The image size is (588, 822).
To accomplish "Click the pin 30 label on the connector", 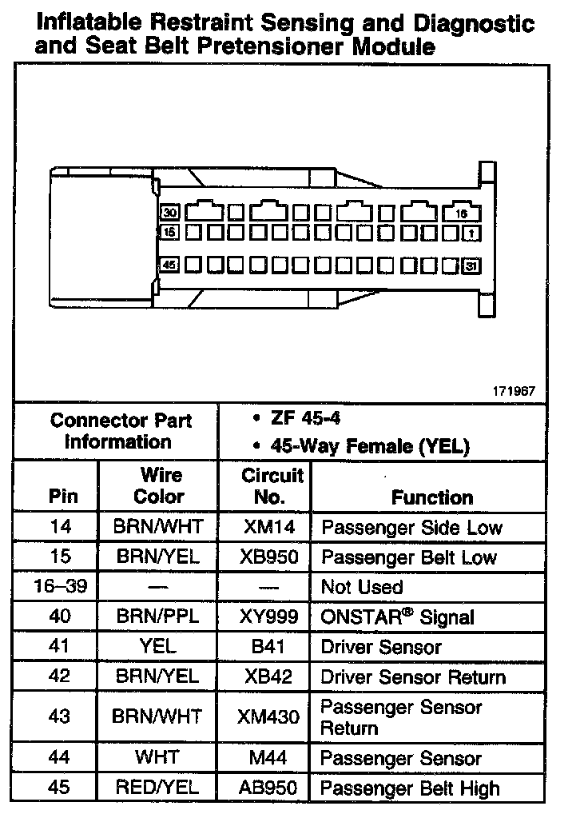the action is click(170, 213).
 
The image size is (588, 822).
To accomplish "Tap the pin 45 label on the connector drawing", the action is click(169, 264).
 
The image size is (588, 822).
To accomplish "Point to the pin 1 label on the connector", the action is click(472, 233).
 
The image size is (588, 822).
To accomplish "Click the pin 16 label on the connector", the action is click(461, 213).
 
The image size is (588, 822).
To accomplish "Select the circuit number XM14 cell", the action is click(268, 527).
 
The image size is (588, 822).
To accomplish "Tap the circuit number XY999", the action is click(268, 616).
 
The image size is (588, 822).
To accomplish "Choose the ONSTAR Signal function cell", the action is click(397, 616).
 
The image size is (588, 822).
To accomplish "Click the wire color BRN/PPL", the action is click(158, 616).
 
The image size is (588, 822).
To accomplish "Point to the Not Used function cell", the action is click(361, 587).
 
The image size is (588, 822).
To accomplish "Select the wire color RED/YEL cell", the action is click(158, 787).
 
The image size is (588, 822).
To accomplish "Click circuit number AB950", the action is click(268, 787).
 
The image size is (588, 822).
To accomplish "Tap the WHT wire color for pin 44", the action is click(157, 756).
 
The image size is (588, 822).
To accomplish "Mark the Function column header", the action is click(432, 497).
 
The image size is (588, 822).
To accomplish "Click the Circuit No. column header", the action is click(272, 486).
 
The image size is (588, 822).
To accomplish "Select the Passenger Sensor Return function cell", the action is click(400, 717).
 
